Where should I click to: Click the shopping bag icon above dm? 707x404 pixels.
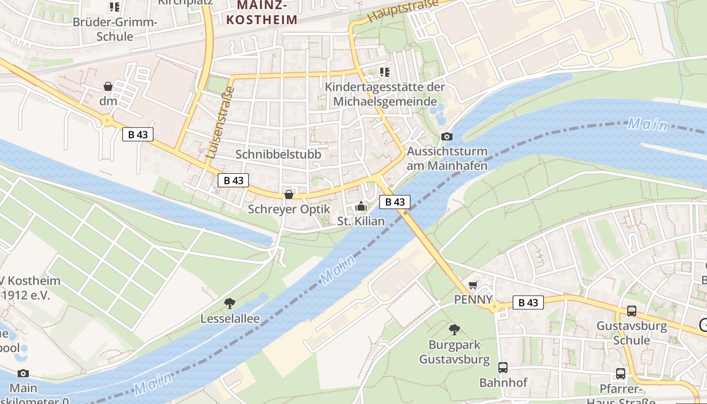click(108, 86)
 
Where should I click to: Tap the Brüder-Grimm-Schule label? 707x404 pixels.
click(116, 29)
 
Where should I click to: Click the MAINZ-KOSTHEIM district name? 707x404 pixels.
click(262, 12)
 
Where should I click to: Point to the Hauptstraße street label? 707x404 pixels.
click(402, 11)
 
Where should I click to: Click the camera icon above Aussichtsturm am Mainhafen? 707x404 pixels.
click(446, 136)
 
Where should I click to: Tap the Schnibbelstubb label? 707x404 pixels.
click(278, 155)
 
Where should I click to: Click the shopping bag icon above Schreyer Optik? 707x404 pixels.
click(289, 194)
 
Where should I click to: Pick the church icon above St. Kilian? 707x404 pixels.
click(361, 206)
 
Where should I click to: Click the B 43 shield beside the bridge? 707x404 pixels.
click(394, 202)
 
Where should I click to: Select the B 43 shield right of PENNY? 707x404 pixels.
click(528, 302)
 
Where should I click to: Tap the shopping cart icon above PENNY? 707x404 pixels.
click(473, 285)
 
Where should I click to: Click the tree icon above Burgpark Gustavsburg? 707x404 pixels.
click(454, 330)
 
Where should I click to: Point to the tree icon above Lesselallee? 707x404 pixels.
click(230, 304)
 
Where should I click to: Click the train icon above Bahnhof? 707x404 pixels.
click(503, 368)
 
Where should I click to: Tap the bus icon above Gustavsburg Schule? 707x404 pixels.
click(632, 311)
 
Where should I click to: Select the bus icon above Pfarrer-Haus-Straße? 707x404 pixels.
click(621, 374)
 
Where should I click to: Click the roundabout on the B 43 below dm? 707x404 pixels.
click(107, 121)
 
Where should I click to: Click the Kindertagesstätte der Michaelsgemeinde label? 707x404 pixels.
click(385, 94)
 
